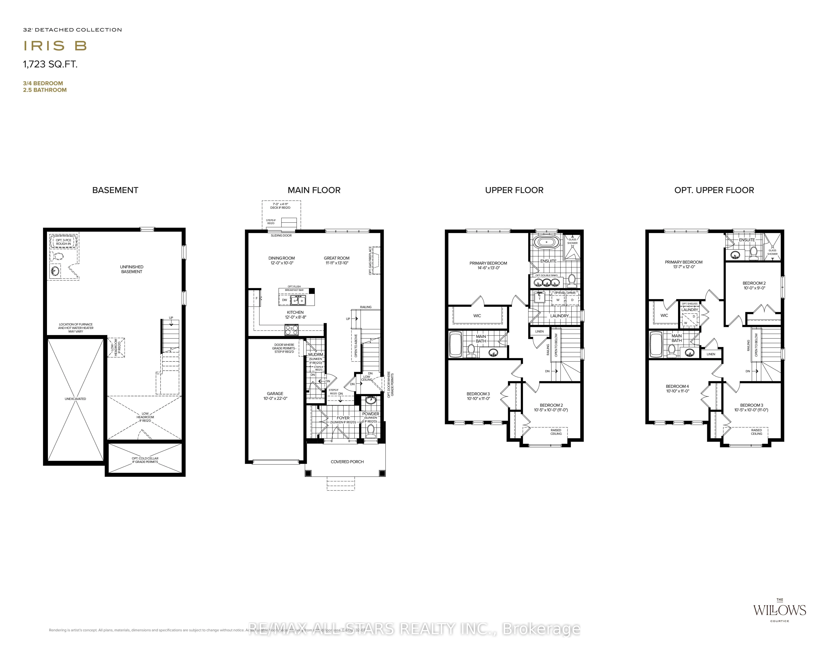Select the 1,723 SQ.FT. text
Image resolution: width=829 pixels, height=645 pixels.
point(50,64)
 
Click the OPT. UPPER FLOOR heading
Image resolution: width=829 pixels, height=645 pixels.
point(714,190)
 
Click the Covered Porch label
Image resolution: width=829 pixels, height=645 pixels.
point(347,462)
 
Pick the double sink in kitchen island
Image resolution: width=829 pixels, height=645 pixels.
point(298,301)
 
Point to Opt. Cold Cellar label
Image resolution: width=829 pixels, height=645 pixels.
point(145,460)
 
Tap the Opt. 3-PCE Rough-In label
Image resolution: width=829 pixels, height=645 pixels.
point(63,242)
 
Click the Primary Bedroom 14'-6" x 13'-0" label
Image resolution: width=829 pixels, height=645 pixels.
point(488,265)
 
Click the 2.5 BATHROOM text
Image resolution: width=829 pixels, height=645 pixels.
point(45,90)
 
